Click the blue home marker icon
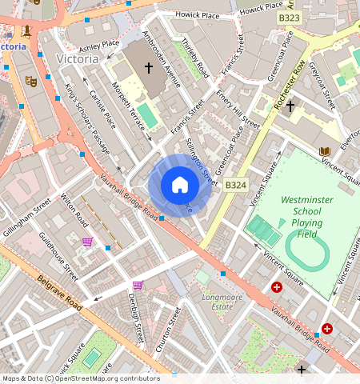click(x=180, y=186)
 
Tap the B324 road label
click(x=235, y=186)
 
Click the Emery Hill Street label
click(x=238, y=109)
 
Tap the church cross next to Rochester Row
click(x=290, y=105)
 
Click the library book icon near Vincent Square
click(x=324, y=151)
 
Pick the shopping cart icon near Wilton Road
click(x=87, y=241)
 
